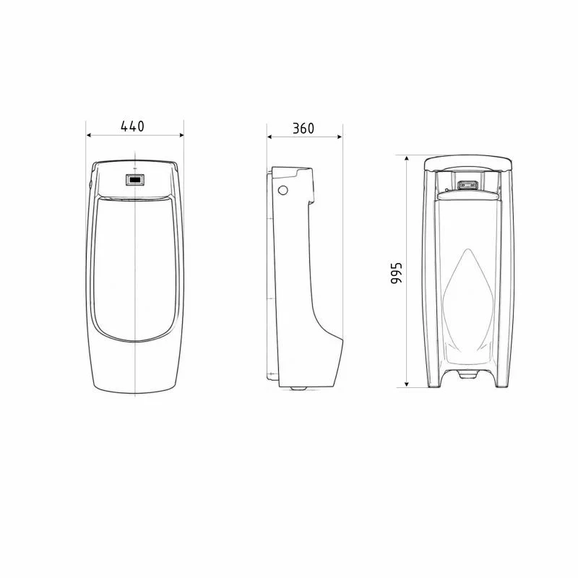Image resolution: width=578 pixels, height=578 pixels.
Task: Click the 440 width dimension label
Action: point(133,126)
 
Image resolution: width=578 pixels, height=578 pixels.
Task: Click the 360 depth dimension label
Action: point(303,129)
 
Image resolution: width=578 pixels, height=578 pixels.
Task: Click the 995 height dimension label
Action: point(396,273)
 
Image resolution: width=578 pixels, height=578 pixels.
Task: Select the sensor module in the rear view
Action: point(467,185)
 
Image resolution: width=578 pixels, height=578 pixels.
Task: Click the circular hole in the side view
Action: point(282,190)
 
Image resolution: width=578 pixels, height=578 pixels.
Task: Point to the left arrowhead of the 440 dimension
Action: point(89,135)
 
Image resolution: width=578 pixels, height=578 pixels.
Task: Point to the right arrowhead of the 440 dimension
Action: point(181,135)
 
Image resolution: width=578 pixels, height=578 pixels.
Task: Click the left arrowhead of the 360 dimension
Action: point(269,137)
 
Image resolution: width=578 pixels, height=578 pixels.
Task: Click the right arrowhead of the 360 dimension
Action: point(340,137)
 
